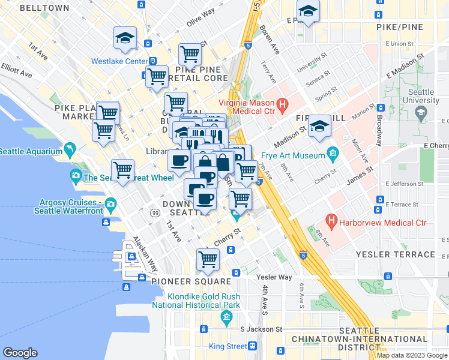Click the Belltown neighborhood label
pyautogui.click(x=44, y=8)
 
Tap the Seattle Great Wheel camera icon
pyautogui.click(x=76, y=177)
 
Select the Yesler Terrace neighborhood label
pyautogui.click(x=403, y=254)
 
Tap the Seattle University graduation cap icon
pyautogui.click(x=420, y=112)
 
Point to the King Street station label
pyautogui.click(x=228, y=346)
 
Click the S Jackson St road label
pyautogui.click(x=261, y=329)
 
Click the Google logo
pyautogui.click(x=20, y=353)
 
